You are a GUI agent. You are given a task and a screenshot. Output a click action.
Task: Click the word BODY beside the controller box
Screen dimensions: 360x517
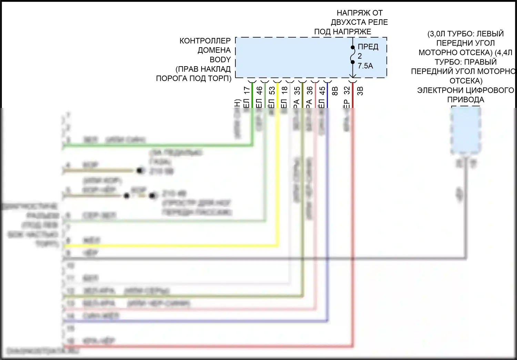coord(220,60)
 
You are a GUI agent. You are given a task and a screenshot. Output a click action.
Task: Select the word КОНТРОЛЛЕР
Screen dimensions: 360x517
coord(205,41)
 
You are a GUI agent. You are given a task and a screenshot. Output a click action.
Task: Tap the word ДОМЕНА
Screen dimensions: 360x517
coord(214,50)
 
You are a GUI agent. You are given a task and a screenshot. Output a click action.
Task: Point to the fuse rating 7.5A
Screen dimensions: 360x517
coord(365,66)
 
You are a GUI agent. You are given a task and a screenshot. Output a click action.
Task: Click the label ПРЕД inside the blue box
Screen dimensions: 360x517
coord(368,47)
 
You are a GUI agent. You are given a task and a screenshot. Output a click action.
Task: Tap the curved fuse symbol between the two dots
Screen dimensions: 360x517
coord(352,55)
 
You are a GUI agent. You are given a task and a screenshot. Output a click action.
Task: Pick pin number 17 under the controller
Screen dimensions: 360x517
coord(246,91)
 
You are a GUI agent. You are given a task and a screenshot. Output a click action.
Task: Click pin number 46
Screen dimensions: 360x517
coord(260,91)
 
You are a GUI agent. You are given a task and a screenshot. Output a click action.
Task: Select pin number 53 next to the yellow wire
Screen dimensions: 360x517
coord(272,91)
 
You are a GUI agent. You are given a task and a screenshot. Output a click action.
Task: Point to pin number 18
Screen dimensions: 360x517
coord(284,91)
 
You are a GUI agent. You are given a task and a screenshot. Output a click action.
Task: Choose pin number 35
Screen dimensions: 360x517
coord(297,91)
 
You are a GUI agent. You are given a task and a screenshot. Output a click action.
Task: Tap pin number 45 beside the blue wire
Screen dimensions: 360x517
coord(322,91)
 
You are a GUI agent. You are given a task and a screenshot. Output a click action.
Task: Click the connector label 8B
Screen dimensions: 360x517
coord(334,91)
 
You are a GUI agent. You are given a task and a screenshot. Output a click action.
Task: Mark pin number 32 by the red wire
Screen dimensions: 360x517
coord(347,91)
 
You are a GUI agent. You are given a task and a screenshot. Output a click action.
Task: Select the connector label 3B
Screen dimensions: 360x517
coord(360,91)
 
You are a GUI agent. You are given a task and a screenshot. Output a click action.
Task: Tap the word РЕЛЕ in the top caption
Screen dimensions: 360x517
coord(379,22)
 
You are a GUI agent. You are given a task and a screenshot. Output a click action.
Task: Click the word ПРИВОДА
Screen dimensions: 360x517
coord(465,100)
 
